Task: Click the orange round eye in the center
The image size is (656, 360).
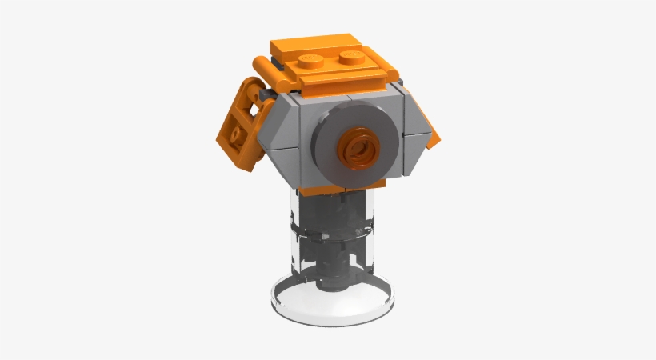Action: [356, 148]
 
